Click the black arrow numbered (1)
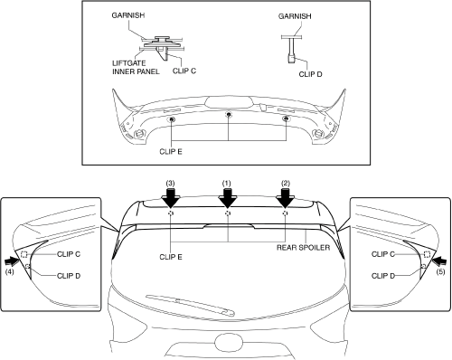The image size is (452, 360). [x=228, y=198]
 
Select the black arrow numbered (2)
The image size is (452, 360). [x=285, y=198]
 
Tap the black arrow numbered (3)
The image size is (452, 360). [x=171, y=198]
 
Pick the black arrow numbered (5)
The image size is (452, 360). [x=438, y=260]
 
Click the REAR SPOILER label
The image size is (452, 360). [x=303, y=248]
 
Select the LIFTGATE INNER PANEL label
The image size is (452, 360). [x=136, y=67]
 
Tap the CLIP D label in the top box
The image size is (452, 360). [x=310, y=74]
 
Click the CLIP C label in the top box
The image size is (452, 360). [x=184, y=71]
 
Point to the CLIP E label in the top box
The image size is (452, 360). [x=171, y=151]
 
